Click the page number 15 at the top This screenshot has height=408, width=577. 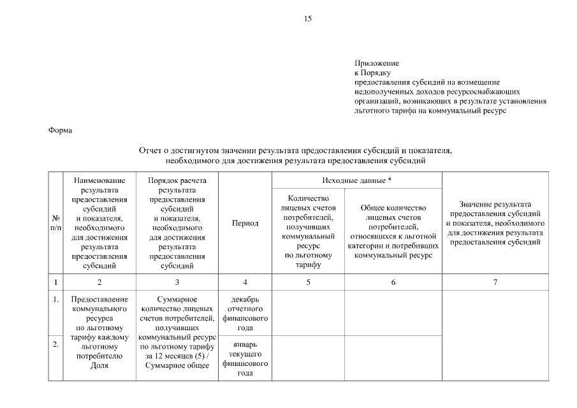click(308, 19)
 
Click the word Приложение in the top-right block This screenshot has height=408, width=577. click(377, 63)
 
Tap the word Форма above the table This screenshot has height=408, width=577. click(61, 131)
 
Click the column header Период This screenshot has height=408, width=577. click(245, 223)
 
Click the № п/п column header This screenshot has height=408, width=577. click(55, 223)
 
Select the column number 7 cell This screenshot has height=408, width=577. click(495, 282)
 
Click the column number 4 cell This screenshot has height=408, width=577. click(245, 282)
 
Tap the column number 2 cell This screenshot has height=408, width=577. click(99, 282)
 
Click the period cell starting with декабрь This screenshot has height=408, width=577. click(245, 313)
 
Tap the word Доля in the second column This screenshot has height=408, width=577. click(99, 365)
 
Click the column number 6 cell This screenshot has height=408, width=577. click(393, 282)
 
